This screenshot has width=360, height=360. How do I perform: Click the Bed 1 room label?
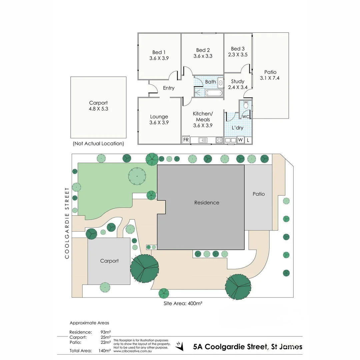coord(159,52)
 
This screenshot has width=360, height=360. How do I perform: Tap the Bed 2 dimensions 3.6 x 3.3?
coord(203,56)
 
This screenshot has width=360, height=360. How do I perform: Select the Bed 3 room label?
coord(238,49)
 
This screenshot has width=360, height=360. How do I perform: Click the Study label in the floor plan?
coord(238,81)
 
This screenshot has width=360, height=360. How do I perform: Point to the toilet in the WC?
coord(246,105)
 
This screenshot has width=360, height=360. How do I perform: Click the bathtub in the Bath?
coord(213,93)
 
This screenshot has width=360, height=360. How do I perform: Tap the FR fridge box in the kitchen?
coord(186,140)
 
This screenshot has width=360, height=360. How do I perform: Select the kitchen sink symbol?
coord(203,140)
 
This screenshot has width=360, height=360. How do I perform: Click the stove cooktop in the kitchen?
coord(219,140)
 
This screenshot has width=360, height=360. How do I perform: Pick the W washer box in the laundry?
coord(240,140)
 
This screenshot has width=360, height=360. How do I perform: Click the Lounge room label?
coord(159,117)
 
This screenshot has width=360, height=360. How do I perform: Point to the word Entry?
coord(169,88)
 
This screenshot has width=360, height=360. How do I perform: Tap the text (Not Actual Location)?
coord(98,144)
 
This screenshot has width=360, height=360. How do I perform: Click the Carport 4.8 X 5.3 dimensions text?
coord(98,109)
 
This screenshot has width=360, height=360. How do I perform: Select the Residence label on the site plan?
coord(207,203)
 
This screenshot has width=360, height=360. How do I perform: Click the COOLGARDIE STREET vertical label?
coord(67,223)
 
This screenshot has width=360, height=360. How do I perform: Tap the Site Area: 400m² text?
coord(183,304)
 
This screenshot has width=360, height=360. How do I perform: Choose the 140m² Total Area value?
coord(105,351)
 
